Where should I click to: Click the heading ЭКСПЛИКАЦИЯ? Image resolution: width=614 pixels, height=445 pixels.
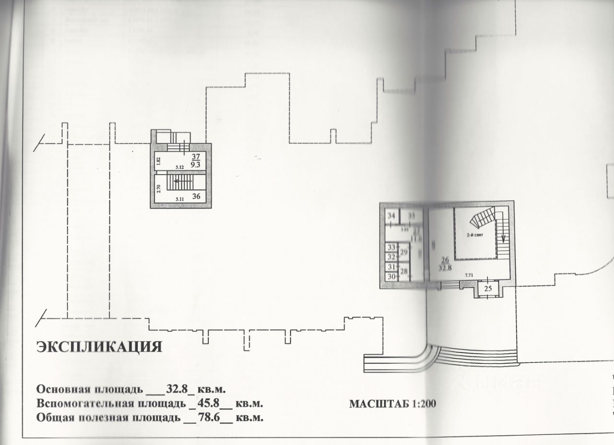click(99, 347)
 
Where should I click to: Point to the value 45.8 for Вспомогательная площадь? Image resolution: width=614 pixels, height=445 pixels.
click(210, 403)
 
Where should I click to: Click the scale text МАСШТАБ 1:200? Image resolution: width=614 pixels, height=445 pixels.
click(392, 403)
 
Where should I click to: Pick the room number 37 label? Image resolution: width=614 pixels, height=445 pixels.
click(196, 156)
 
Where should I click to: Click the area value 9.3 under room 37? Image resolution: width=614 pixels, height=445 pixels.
click(196, 164)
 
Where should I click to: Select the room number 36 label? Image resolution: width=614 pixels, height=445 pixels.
click(196, 196)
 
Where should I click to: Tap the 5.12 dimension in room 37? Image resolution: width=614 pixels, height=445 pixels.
click(180, 168)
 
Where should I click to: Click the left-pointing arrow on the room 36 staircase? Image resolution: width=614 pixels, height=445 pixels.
click(177, 181)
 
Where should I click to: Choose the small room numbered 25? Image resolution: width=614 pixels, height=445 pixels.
click(488, 289)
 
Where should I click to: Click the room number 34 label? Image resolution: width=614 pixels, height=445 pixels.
click(392, 216)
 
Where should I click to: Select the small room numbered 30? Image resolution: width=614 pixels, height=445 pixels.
click(391, 277)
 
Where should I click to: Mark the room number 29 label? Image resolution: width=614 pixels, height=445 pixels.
click(404, 252)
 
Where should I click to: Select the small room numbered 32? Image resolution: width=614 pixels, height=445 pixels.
click(391, 257)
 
